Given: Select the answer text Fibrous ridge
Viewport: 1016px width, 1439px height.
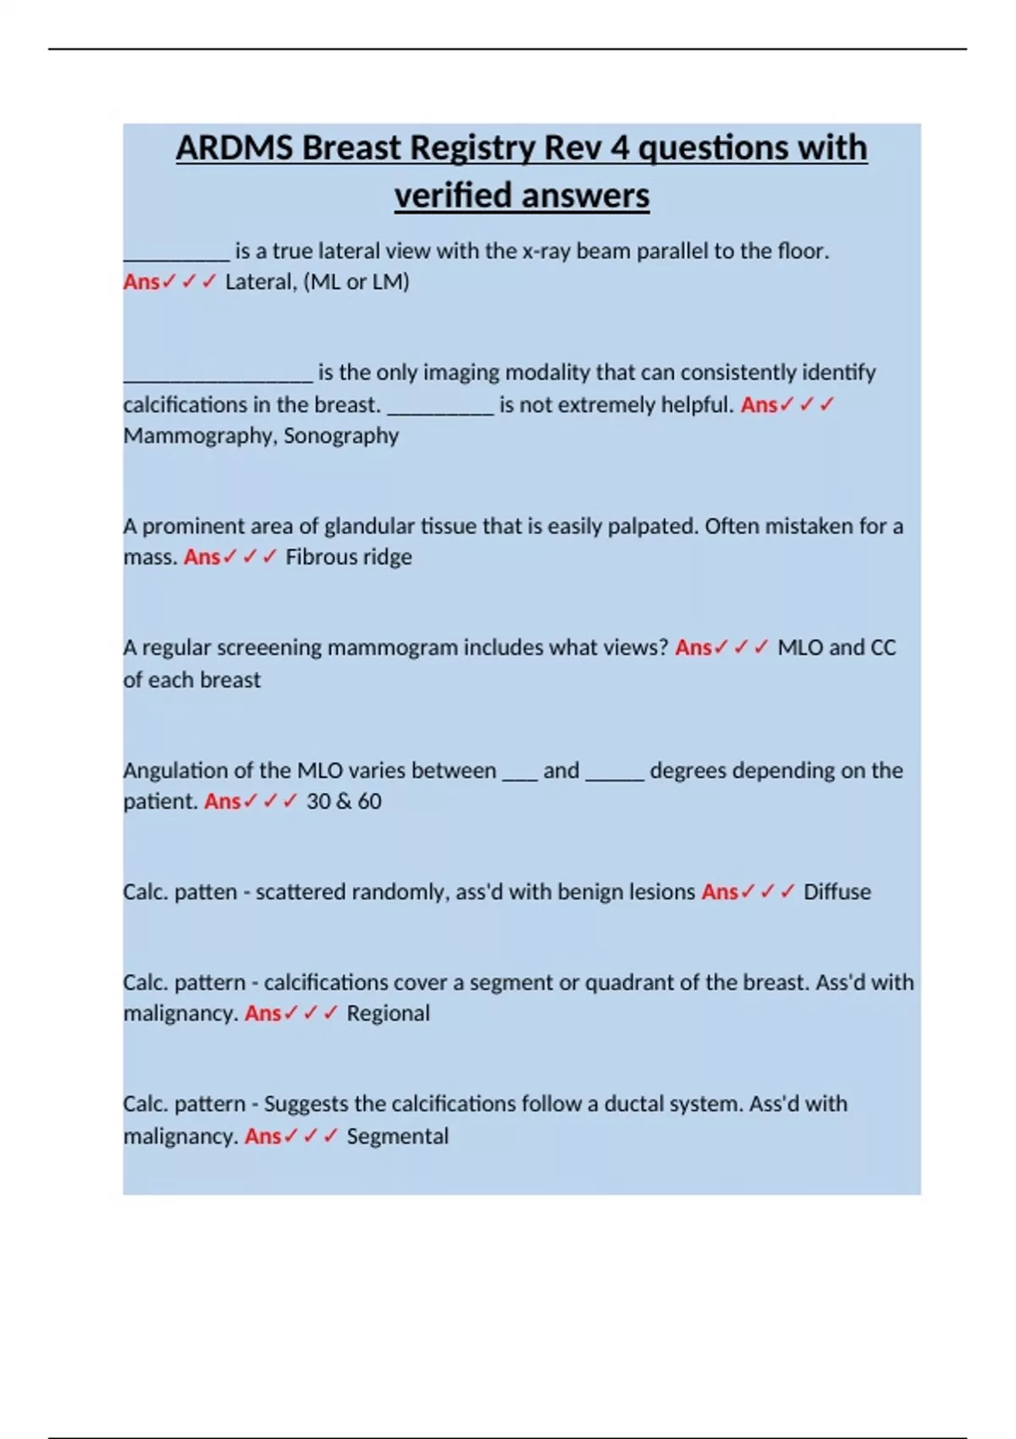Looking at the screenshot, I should click(x=349, y=557).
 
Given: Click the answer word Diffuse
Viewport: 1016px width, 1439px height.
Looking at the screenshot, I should click(x=837, y=891).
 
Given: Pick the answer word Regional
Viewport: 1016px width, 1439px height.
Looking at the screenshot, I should click(x=388, y=1013).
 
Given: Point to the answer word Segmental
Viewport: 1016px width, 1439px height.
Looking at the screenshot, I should click(x=397, y=1136).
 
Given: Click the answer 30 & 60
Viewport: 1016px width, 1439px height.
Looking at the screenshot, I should click(x=344, y=801).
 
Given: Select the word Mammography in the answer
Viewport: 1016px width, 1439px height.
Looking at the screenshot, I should click(x=199, y=436).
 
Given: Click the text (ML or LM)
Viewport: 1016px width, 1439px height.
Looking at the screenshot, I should click(x=356, y=282).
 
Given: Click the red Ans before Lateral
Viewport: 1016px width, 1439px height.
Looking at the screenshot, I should click(x=141, y=282).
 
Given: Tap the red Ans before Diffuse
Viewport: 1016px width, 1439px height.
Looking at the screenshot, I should click(x=719, y=891).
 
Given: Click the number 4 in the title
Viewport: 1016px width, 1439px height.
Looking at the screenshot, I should click(x=620, y=148).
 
